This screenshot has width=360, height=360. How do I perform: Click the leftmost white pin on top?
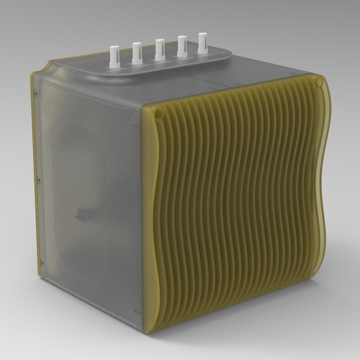click(113, 55)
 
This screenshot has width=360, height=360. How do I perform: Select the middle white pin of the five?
click(160, 50)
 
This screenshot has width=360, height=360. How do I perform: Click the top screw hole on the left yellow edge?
click(37, 94)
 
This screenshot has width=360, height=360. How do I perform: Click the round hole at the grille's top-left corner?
click(157, 112)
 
